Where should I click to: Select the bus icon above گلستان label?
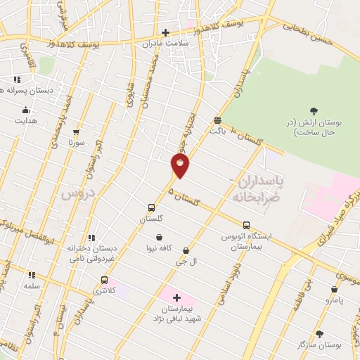tap(151, 207)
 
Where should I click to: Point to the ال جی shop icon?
tap(186, 250)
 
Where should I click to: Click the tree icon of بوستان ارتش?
tap(314, 110)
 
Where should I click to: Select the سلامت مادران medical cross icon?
tap(166, 32)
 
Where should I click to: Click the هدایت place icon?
tap(25, 110)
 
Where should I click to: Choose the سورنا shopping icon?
tap(76, 131)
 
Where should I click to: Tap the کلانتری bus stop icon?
tap(105, 280)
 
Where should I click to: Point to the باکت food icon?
tap(217, 120)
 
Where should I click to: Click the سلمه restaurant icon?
tap(31, 275)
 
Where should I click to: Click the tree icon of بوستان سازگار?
tap(320, 335)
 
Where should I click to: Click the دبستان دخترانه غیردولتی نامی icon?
tap(91, 238)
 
